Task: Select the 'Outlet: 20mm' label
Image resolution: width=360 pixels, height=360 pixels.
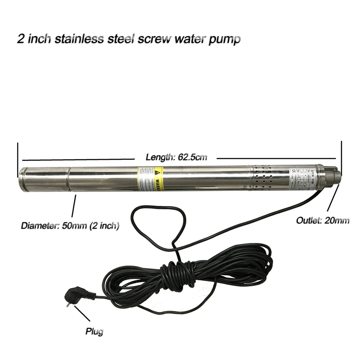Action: (322, 220)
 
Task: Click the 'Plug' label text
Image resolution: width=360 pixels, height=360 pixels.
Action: (94, 332)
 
